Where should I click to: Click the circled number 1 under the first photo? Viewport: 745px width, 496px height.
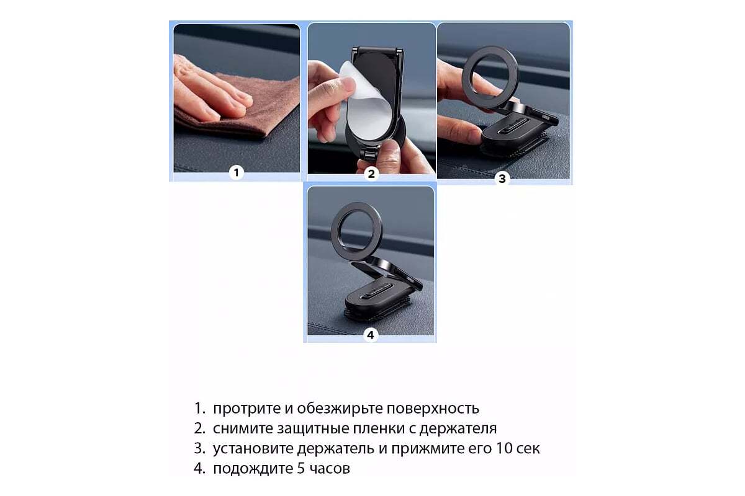click(236, 173)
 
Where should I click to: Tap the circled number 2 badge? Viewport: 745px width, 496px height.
click(371, 174)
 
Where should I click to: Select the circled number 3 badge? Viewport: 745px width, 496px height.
click(502, 179)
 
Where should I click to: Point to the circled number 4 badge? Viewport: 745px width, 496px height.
click(370, 335)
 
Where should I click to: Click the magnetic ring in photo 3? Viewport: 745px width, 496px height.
click(490, 77)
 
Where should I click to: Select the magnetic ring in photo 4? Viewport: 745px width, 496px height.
click(356, 231)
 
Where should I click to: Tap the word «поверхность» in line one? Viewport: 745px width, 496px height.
click(432, 409)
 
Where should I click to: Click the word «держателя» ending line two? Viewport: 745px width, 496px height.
click(458, 429)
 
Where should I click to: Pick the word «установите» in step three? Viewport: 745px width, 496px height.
click(253, 449)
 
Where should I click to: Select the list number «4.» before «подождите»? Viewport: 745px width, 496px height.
click(199, 469)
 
